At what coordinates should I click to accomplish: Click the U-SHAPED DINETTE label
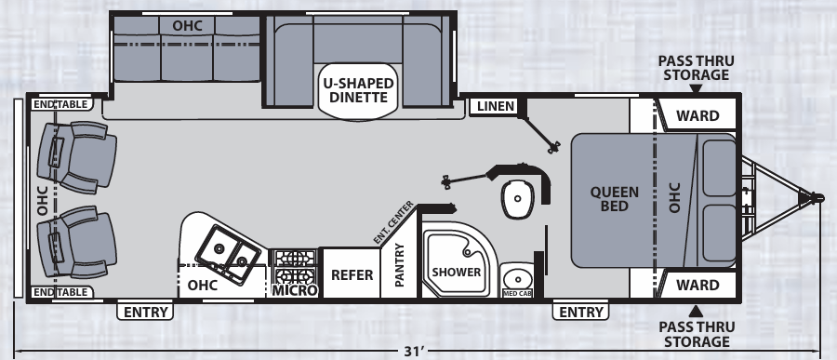click(358, 91)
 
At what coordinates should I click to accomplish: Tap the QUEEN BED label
click(615, 199)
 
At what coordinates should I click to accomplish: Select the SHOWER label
click(456, 273)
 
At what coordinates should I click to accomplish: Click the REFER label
click(352, 275)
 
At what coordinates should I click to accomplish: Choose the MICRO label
click(295, 291)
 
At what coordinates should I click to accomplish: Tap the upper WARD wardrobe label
click(697, 115)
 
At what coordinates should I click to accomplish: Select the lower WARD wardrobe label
click(697, 285)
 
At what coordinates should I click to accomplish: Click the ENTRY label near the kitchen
click(146, 312)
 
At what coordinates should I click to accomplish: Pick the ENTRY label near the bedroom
click(581, 312)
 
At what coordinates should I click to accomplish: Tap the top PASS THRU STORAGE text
click(696, 68)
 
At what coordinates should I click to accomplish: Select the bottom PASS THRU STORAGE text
click(696, 335)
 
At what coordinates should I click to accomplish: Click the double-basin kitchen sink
click(226, 248)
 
